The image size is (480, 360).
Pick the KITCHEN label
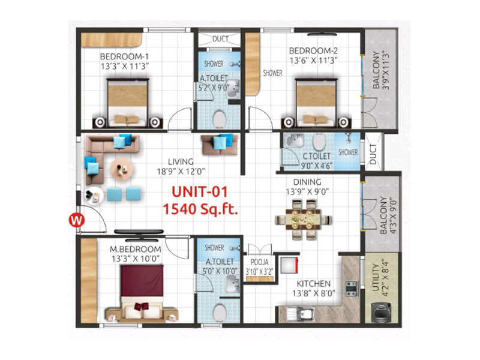click(315, 283)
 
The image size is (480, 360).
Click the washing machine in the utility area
click(382, 311)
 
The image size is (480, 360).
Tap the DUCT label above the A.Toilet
click(220, 39)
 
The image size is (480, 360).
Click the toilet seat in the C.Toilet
click(320, 142)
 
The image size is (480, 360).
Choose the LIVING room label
click(181, 161)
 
